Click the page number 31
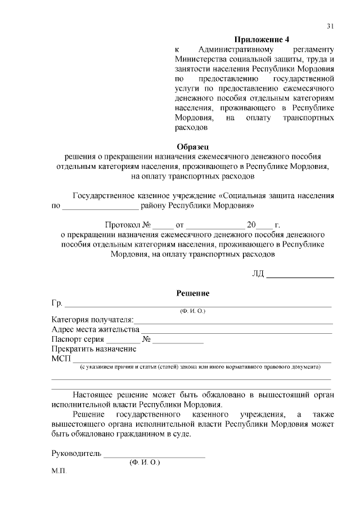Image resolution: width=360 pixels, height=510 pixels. point(330,26)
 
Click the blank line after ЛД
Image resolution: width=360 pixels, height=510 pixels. point(300,275)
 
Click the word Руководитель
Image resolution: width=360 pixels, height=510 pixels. point(76,453)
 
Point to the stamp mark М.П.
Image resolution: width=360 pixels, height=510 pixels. point(58,471)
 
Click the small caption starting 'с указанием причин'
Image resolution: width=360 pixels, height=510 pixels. point(200,366)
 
